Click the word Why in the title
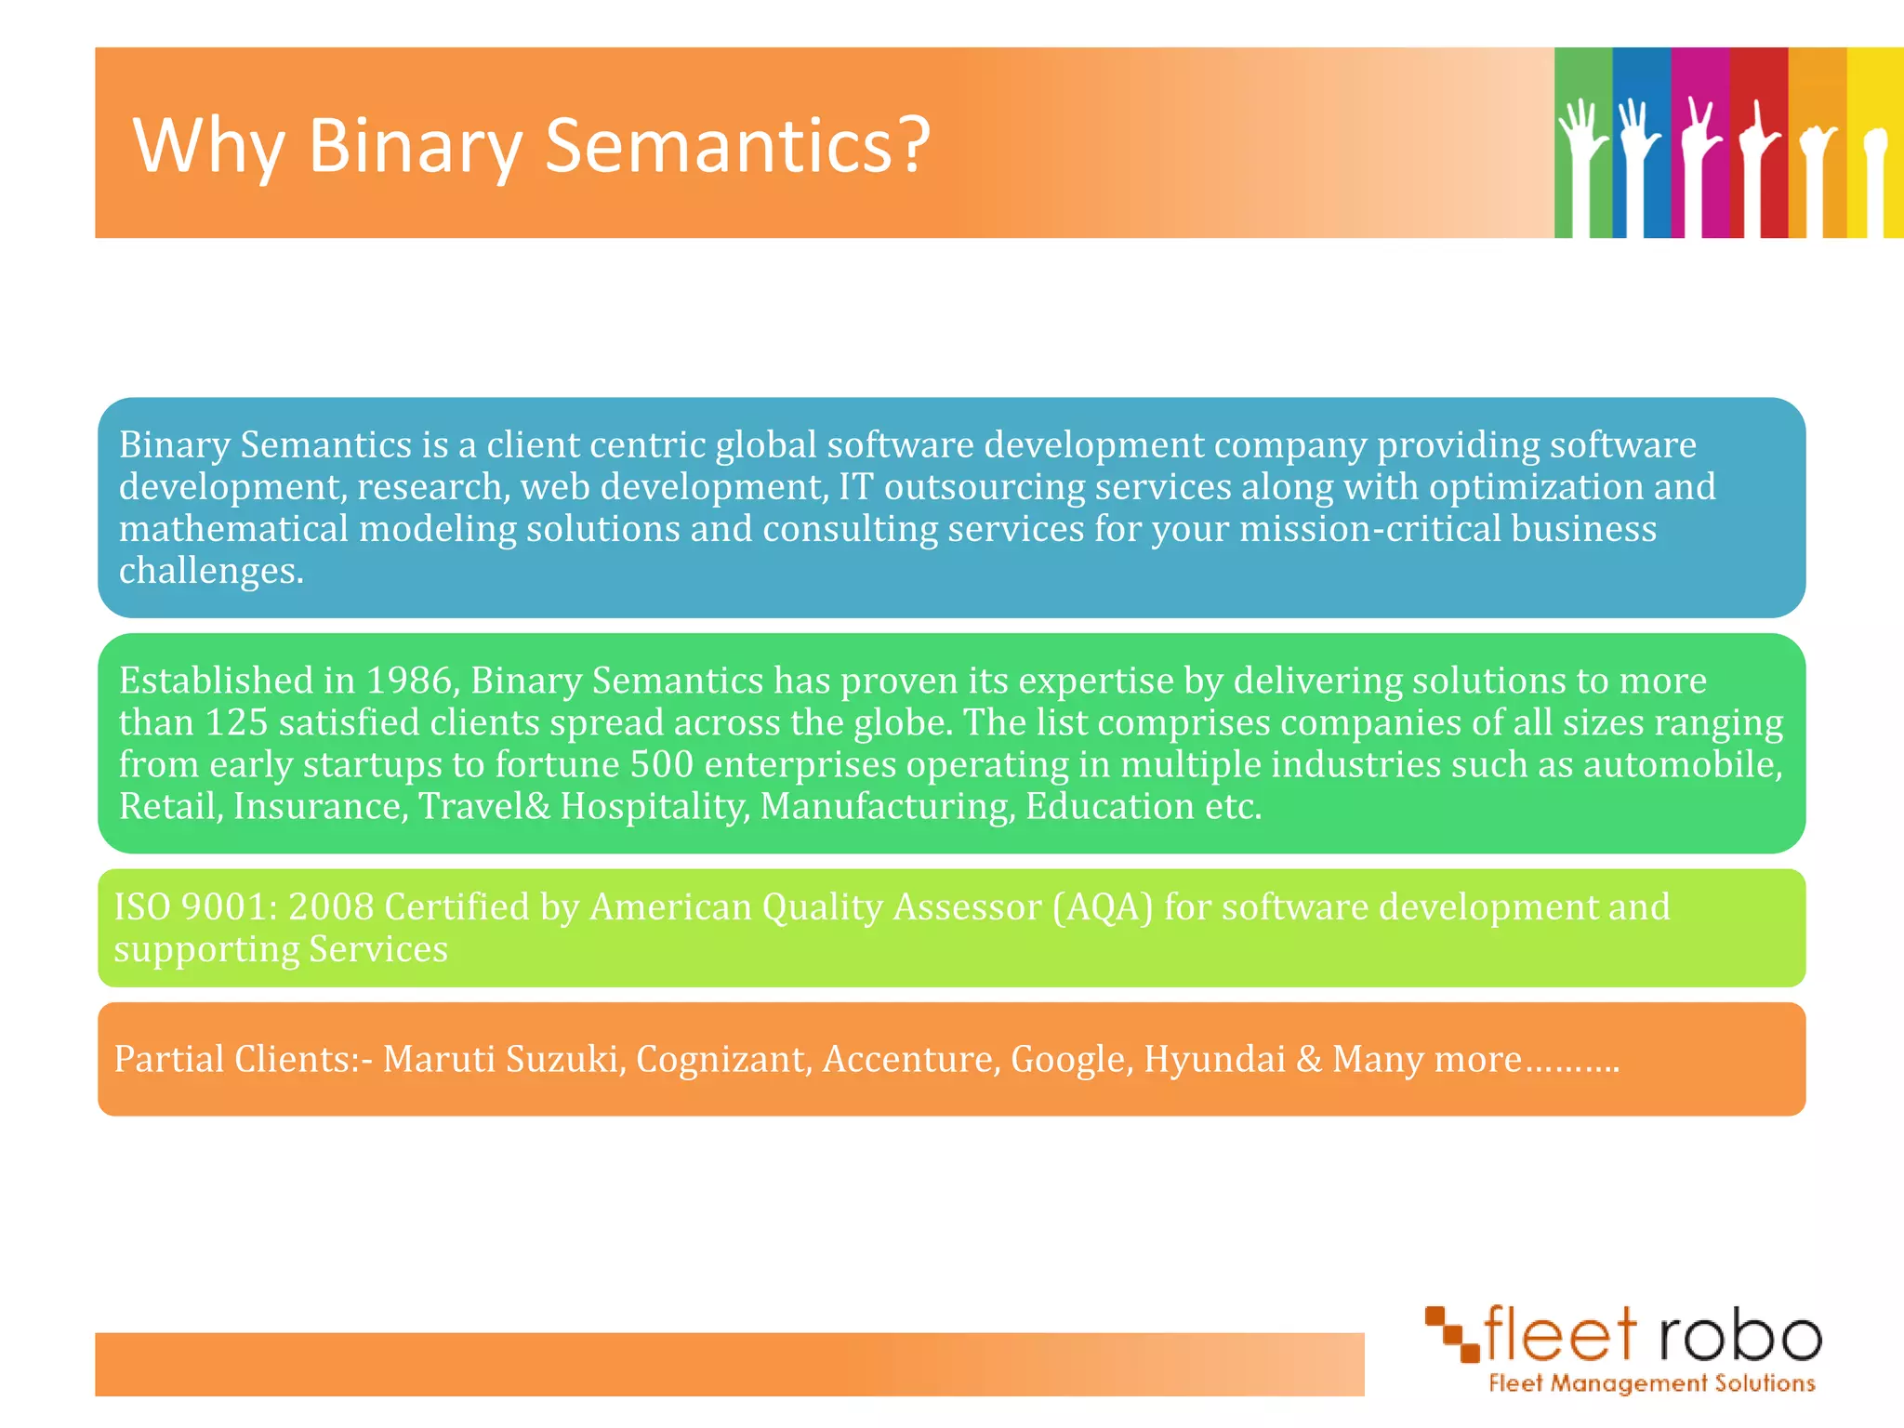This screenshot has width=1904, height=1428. click(x=208, y=146)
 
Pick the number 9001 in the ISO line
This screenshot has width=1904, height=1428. click(x=228, y=907)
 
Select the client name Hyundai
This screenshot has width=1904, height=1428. click(x=1214, y=1060)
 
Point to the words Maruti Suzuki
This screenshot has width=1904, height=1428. click(x=502, y=1060)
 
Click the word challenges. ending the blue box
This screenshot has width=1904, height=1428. click(x=211, y=572)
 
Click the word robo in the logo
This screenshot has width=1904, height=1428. click(x=1739, y=1336)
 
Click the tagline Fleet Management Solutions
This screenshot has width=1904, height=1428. click(x=1651, y=1384)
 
